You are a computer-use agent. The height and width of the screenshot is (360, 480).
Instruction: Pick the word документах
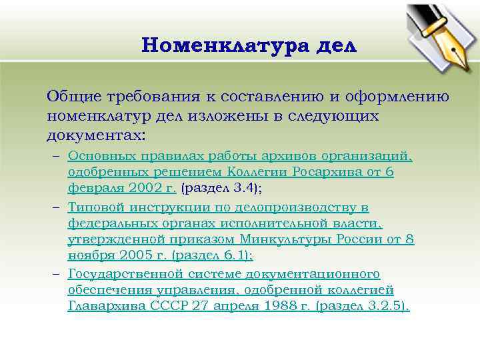(x=93, y=135)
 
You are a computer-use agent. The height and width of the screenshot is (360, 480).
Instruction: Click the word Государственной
(x=122, y=274)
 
